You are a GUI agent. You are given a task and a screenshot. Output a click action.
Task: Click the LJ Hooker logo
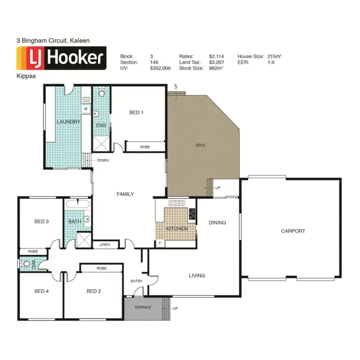pos(61,59)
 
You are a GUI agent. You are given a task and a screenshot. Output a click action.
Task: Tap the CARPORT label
pos(293,231)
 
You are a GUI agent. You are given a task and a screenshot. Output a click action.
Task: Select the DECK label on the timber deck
pos(200,145)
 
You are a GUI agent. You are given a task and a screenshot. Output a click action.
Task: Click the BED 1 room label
pos(136,113)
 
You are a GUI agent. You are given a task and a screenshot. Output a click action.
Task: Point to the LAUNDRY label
pos(68,122)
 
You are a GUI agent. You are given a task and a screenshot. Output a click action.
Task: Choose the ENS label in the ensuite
pos(101,125)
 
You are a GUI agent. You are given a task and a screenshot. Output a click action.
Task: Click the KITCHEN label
pos(177,229)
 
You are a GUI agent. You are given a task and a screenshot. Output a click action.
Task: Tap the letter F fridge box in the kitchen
pos(160,243)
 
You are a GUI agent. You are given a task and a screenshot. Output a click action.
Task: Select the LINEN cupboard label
pos(105,245)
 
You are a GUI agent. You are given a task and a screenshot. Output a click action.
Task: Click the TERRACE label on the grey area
pos(143,307)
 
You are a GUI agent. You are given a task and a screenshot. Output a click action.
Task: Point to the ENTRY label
pos(137,281)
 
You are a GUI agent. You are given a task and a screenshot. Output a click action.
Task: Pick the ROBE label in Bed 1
pos(144,147)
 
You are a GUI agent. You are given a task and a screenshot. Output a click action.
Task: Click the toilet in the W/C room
pos(25,264)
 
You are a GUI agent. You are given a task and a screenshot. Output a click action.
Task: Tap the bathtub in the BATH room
pos(78,205)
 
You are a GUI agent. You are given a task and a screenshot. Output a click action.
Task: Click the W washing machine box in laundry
pos(85,109)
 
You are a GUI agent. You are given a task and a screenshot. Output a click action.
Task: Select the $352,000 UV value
pos(160,69)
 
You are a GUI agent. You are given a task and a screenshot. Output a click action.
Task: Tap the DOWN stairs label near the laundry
pos(103,161)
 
